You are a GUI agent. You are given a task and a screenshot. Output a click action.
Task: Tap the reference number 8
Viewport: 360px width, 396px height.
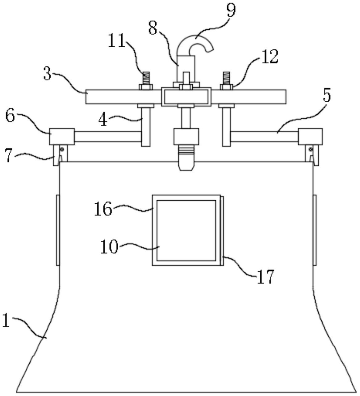[153, 28]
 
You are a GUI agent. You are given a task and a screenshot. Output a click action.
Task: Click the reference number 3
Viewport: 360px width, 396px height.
[47, 74]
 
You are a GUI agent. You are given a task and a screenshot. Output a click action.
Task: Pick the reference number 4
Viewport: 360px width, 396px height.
[103, 120]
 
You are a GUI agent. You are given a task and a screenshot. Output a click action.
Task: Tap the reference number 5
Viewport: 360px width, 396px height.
[327, 96]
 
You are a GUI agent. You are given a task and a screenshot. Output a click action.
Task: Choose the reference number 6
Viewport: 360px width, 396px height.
[10, 116]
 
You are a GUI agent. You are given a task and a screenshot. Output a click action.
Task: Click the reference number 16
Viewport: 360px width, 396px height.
[103, 209]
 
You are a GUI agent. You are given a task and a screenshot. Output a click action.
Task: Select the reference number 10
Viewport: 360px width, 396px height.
[109, 247]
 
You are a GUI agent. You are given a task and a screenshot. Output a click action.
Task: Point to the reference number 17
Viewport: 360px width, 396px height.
[266, 276]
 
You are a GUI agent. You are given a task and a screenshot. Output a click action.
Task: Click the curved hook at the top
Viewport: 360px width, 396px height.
[195, 43]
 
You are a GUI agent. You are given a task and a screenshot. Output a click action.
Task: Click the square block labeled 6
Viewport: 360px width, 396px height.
[62, 137]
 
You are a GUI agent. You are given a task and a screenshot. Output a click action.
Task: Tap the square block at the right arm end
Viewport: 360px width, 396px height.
[310, 137]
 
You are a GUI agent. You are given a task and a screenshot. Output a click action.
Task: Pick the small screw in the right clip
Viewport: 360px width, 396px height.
[311, 150]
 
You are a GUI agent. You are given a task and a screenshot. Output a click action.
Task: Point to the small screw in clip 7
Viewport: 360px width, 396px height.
[62, 150]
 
